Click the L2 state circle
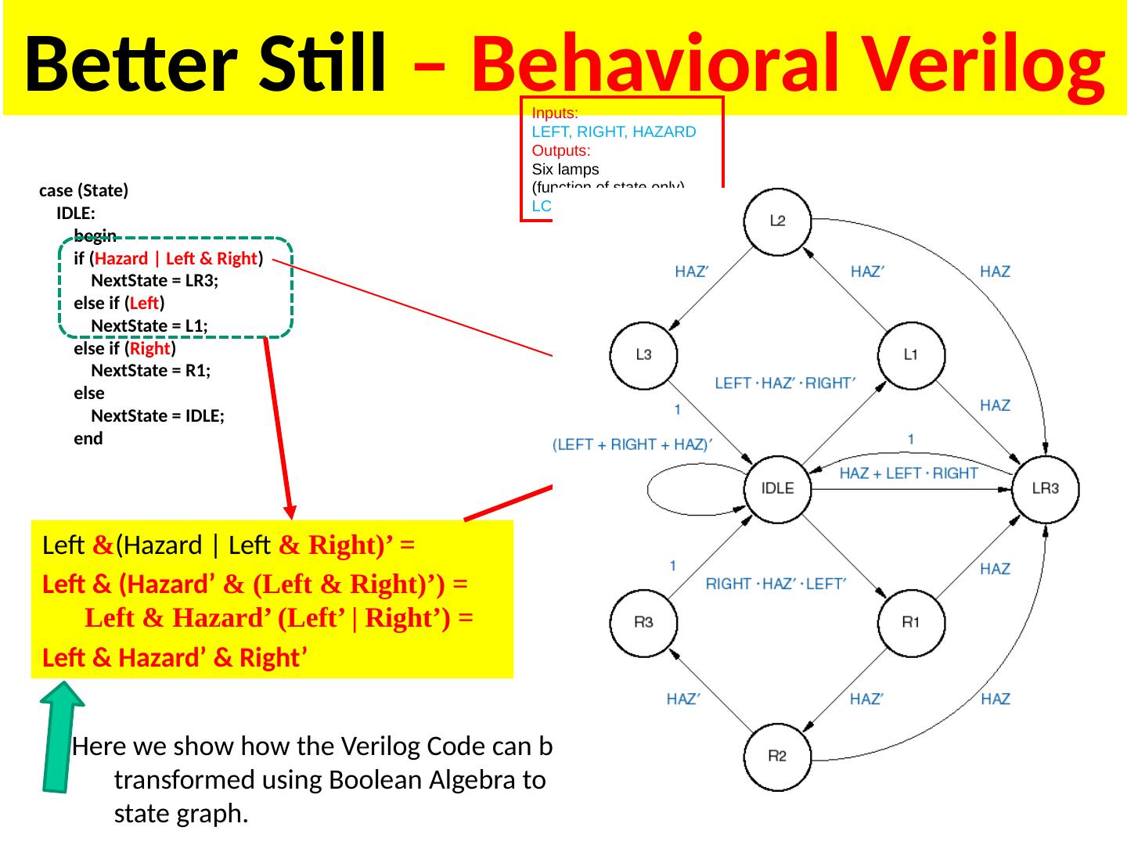[x=777, y=221]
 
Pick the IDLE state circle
[x=777, y=488]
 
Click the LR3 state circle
[x=1046, y=488]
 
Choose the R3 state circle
[x=643, y=623]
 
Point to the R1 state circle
[x=911, y=623]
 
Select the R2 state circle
[x=777, y=757]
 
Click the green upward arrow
[x=63, y=736]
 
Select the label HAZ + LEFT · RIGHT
[x=908, y=473]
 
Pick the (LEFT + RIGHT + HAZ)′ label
[x=636, y=444]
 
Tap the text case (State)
[x=84, y=191]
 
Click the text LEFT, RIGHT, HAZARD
[x=614, y=131]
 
